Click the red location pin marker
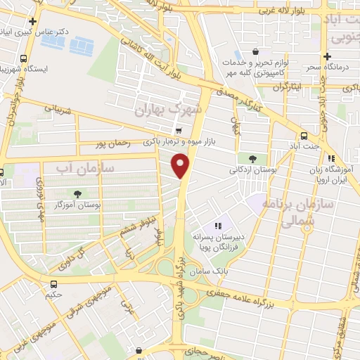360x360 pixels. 182,165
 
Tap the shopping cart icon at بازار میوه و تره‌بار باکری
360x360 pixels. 179,130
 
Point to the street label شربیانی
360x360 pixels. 58,110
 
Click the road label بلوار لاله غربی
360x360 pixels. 290,11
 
